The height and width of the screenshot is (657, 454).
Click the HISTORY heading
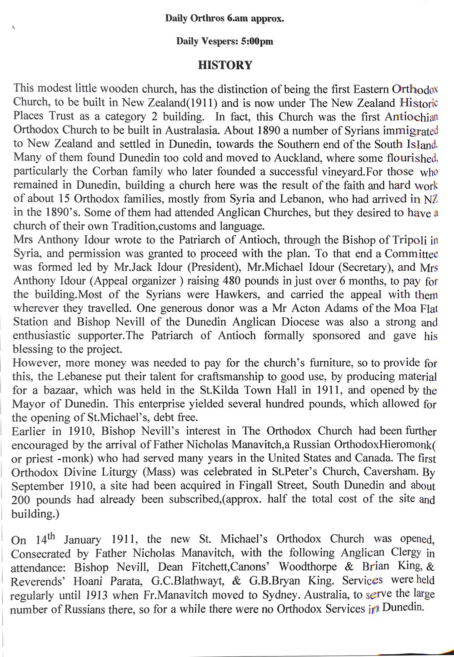225,65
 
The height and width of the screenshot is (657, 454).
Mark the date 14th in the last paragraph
44,539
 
